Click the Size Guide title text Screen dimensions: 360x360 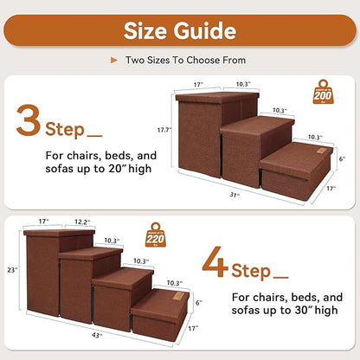(x=179, y=31)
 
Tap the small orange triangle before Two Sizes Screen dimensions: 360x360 (x=115, y=61)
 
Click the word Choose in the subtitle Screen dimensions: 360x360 (x=205, y=61)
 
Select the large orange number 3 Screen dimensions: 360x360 (x=29, y=121)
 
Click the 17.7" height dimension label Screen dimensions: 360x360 (x=162, y=130)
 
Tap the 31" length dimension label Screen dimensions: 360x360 (x=234, y=195)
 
